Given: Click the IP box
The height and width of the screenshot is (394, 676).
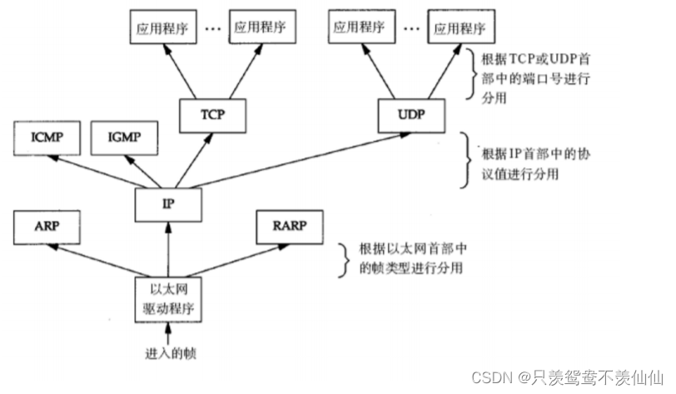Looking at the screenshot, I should point(168,202).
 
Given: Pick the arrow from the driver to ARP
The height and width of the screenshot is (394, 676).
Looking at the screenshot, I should point(101,258).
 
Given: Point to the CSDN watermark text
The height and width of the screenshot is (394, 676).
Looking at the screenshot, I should point(567,377).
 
